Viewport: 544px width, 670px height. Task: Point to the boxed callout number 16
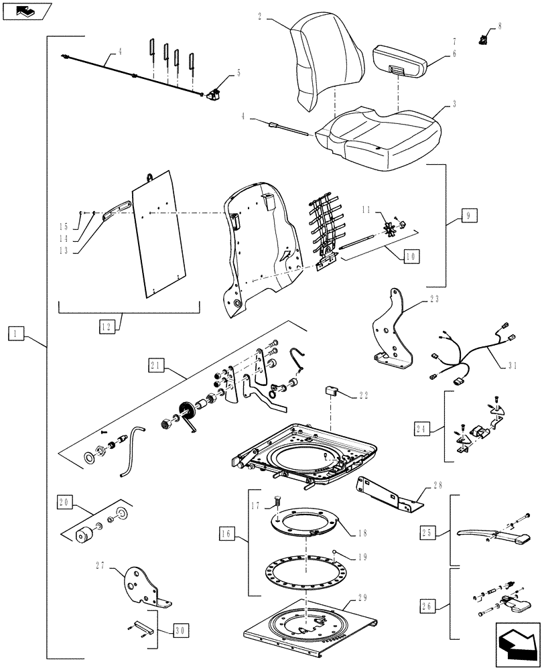pyautogui.click(x=226, y=533)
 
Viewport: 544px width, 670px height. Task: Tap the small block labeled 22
pyautogui.click(x=330, y=391)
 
